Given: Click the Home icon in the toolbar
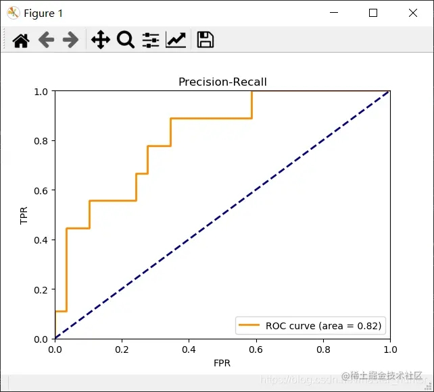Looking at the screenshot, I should tap(21, 40).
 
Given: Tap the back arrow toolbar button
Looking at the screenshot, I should tap(46, 40).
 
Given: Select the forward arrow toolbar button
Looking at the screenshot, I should tap(70, 40).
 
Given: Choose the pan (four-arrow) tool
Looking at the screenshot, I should tap(100, 40).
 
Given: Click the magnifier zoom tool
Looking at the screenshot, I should tap(125, 40).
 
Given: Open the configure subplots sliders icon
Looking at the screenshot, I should tap(151, 40).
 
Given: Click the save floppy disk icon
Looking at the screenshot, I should tap(206, 40).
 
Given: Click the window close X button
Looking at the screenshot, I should tap(413, 13).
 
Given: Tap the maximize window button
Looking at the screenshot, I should tap(373, 13).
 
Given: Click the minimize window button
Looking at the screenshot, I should tap(333, 13).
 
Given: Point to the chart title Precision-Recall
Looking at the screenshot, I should tap(222, 82).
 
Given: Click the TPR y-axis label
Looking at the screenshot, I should tap(25, 215).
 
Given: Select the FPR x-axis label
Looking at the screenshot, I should tap(222, 363).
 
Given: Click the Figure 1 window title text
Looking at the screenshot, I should tap(43, 13).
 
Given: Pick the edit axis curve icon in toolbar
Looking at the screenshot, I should tap(176, 40).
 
